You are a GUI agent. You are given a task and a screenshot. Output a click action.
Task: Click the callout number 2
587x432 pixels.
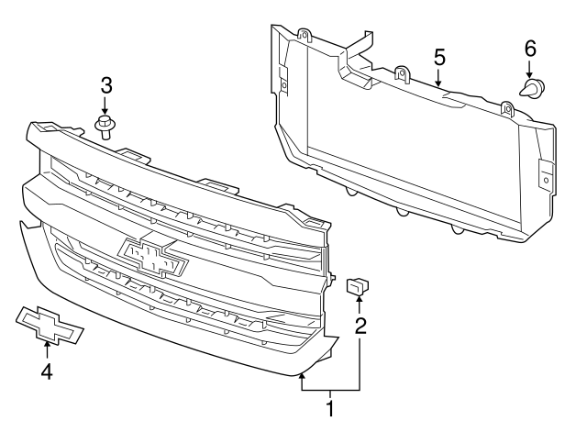tap(360, 324)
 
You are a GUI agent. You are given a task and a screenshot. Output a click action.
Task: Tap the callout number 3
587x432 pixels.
tap(106, 86)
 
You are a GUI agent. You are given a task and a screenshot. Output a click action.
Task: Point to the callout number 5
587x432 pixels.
tap(439, 57)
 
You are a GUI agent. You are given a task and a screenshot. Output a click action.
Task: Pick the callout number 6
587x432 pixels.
tap(530, 47)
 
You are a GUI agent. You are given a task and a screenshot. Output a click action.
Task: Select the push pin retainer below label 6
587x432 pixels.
tap(531, 90)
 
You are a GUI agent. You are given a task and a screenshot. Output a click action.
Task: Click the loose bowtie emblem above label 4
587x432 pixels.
tap(49, 324)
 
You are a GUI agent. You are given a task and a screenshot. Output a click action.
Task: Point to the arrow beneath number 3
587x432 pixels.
tap(106, 106)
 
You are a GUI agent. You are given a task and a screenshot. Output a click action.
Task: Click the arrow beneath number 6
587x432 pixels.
tap(530, 70)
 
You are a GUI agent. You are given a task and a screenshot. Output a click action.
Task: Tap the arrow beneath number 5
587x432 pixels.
tap(439, 79)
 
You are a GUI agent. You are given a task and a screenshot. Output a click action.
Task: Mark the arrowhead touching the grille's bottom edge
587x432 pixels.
tap(303, 376)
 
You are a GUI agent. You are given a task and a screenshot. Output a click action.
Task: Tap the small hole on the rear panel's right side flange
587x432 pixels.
tap(547, 181)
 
